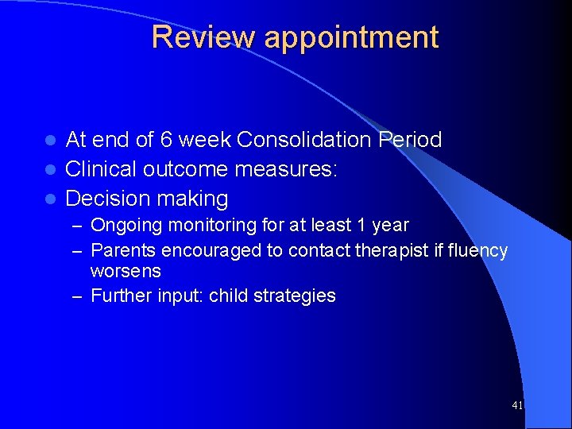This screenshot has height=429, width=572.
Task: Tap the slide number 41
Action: click(517, 406)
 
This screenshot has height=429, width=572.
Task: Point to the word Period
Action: click(410, 140)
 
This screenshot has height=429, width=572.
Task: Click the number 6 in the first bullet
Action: click(165, 140)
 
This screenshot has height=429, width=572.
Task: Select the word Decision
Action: click(106, 199)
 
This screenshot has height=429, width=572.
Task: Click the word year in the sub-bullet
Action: click(390, 226)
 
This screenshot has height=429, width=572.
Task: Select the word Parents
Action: click(124, 251)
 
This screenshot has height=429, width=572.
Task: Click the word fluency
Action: click(477, 251)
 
